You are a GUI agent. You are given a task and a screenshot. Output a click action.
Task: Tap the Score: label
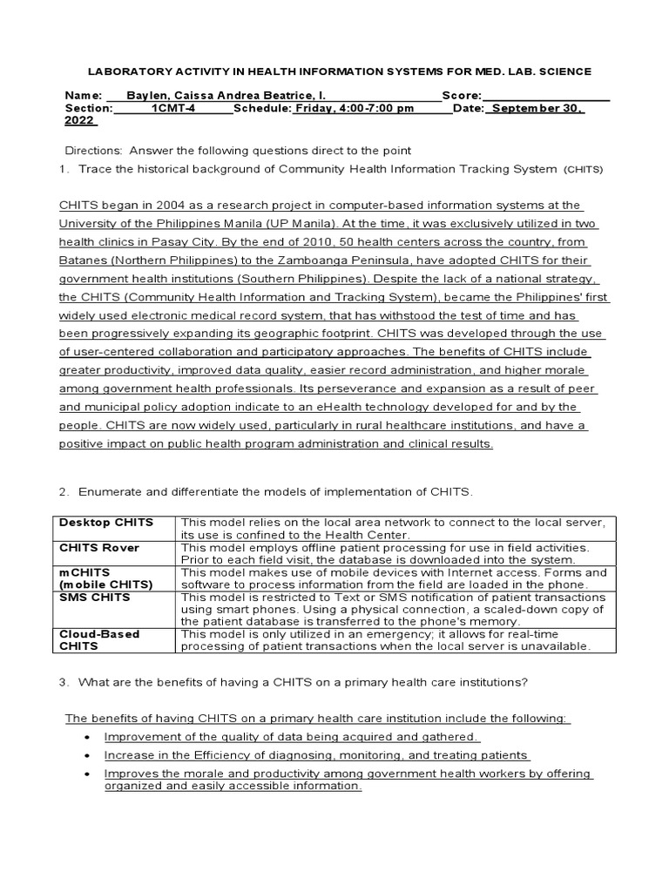point(461,95)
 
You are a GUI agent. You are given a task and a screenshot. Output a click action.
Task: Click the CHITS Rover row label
point(99,548)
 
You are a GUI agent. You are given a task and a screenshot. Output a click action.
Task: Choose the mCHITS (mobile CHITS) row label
point(105,578)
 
